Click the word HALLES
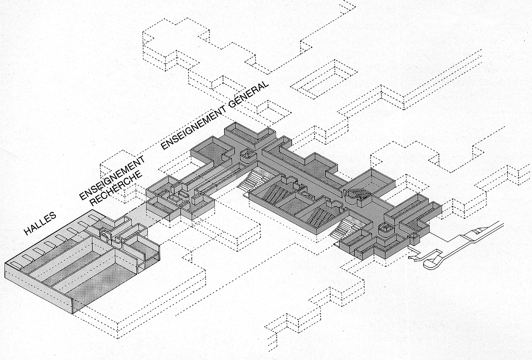[x=40, y=224]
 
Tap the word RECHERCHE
[x=116, y=189]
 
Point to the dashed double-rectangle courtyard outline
[x=324, y=79]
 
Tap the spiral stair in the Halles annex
[x=105, y=234]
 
